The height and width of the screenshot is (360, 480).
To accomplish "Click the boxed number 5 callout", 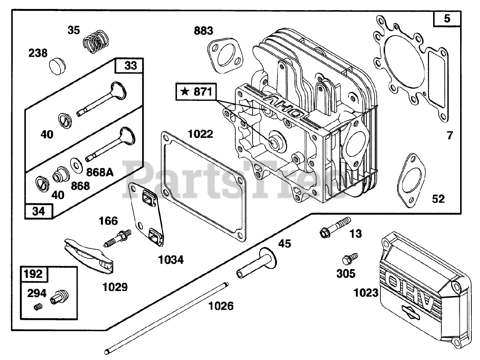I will (447, 18).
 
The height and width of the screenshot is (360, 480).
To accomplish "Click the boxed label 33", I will (130, 66).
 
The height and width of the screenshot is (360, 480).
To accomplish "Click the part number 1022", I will (200, 134).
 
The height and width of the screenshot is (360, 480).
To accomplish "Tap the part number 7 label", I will (450, 135).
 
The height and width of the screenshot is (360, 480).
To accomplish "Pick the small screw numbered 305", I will (346, 259).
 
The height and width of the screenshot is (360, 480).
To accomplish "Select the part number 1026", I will (221, 306).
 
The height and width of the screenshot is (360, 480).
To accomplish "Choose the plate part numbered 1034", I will (146, 214).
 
